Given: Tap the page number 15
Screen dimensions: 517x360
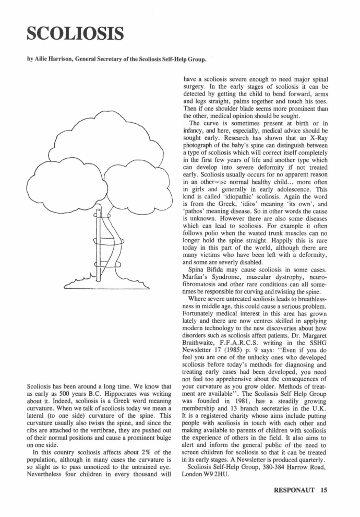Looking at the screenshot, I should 325,490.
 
